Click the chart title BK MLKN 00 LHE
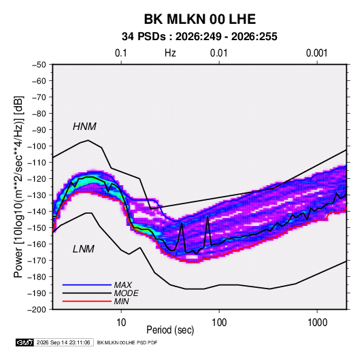(x=200, y=19)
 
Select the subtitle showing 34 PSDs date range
(x=199, y=37)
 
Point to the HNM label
(x=84, y=127)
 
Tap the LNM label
(x=84, y=249)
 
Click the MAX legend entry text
(x=122, y=284)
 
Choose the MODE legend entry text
(x=127, y=293)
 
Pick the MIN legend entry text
(x=121, y=301)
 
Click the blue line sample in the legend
(x=87, y=284)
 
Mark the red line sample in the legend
(x=87, y=301)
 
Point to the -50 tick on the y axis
(x=39, y=65)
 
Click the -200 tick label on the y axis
(x=37, y=310)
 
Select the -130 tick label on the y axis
(x=37, y=195)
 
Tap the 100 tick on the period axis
(x=219, y=323)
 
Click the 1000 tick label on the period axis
(x=317, y=323)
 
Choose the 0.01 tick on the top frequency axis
(x=219, y=53)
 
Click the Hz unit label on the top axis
(x=170, y=53)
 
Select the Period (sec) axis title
(x=170, y=330)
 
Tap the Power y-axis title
(x=18, y=186)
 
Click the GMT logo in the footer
(x=25, y=342)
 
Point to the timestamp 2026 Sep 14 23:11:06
(x=63, y=342)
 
